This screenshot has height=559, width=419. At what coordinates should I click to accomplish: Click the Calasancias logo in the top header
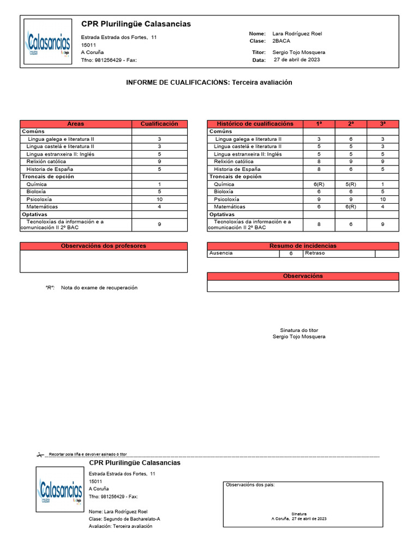48,43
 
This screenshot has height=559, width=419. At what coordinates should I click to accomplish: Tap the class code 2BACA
281,41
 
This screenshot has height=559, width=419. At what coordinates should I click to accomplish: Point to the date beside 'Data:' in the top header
297,60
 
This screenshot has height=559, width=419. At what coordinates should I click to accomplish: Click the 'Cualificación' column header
159,124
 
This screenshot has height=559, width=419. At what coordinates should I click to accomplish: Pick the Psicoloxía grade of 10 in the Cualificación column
159,199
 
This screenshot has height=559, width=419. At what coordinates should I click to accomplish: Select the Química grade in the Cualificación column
159,185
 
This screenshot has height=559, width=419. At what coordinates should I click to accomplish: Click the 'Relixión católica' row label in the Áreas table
46,162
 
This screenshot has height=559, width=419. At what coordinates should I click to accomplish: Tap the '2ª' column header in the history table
351,124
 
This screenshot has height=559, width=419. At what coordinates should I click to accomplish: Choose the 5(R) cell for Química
351,185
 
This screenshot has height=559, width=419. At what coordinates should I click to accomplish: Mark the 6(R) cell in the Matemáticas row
351,207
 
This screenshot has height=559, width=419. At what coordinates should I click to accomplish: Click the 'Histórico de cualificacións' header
255,124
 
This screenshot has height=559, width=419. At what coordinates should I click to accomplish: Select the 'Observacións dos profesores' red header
104,246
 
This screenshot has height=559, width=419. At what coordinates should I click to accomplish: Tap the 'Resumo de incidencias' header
303,246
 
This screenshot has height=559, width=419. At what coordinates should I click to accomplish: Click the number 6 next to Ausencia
291,253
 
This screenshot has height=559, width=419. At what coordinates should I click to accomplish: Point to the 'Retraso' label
315,253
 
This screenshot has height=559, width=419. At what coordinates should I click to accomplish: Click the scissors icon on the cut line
40,454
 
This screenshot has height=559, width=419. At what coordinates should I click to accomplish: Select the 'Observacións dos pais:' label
250,485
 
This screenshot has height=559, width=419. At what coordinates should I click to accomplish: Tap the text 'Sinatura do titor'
298,330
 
